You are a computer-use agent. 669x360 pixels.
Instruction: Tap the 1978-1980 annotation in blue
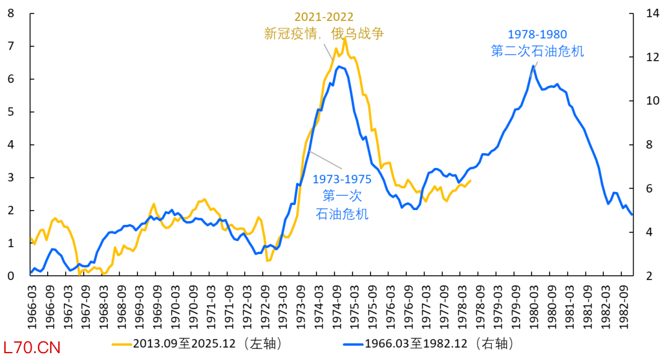tap(537, 35)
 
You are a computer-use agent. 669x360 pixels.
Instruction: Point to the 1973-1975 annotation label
tap(341, 180)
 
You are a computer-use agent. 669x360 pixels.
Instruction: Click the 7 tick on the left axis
tap(11, 46)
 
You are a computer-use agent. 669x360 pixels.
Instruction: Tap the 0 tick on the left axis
tap(11, 276)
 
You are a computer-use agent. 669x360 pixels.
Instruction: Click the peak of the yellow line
tap(345, 38)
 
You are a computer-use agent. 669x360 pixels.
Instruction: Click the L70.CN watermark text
tap(32, 348)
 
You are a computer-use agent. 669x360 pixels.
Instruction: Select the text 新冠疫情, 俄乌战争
tap(324, 33)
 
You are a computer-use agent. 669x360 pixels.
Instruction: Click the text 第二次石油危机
tap(537, 51)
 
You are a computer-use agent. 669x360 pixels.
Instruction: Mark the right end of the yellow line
tap(471, 181)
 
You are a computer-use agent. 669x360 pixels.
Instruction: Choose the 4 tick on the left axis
tap(11, 144)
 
